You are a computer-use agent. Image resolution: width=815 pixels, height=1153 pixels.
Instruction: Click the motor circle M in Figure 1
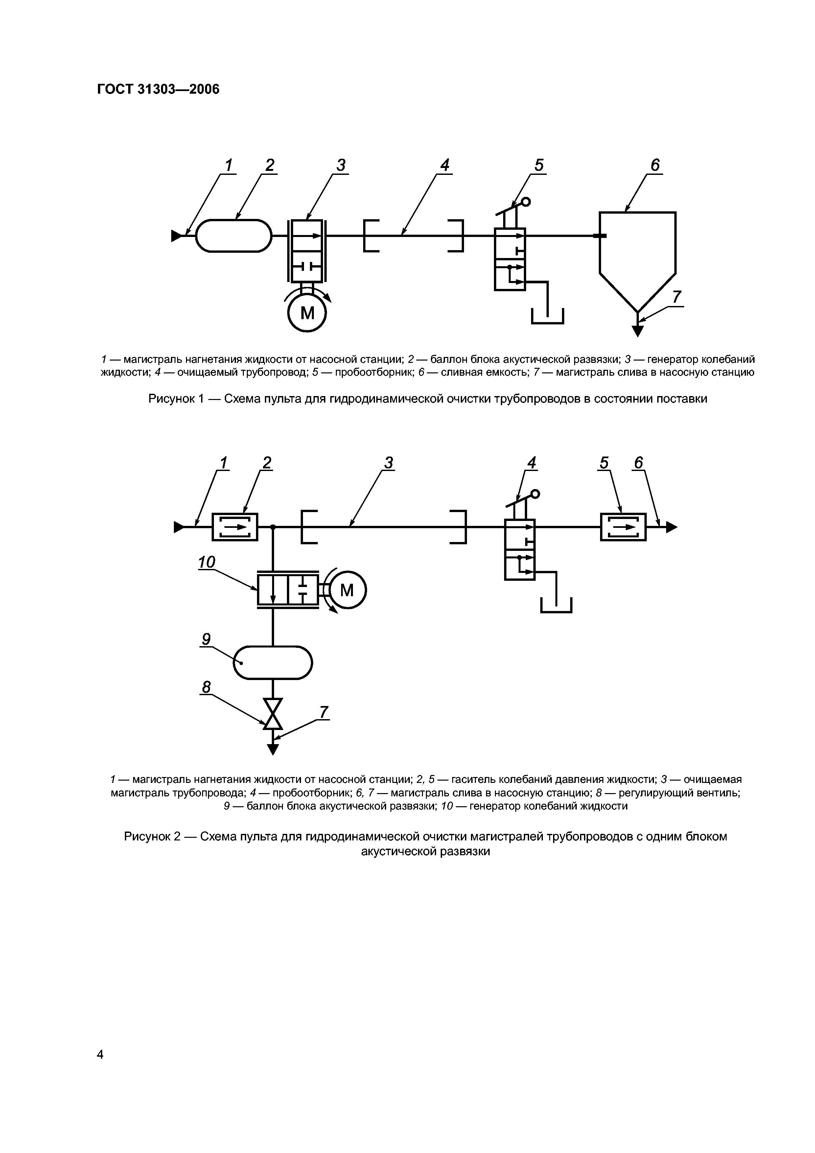tap(307, 313)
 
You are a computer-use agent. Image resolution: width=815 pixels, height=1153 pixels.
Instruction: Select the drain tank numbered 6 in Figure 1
tap(637, 251)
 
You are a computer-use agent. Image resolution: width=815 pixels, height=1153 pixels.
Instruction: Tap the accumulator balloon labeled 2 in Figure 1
tap(234, 236)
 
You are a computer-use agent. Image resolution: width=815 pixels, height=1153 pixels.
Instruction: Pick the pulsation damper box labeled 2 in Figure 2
tap(235, 527)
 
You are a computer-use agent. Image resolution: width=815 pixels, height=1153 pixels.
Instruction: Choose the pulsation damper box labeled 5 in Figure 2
tap(623, 527)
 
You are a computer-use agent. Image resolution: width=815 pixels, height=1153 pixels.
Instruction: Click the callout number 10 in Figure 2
tap(206, 562)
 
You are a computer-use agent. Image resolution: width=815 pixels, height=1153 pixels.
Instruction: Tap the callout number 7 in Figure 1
tap(677, 297)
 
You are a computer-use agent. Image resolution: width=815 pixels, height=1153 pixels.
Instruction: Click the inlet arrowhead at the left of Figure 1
tap(176, 236)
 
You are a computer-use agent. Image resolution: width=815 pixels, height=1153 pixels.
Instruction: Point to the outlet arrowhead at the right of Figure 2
tap(671, 527)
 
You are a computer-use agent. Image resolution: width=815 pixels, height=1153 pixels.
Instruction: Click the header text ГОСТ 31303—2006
tap(158, 89)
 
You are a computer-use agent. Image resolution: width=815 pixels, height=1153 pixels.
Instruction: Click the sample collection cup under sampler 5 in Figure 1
tap(548, 317)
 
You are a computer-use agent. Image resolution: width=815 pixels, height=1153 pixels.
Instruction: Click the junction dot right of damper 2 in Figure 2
tap(273, 527)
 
